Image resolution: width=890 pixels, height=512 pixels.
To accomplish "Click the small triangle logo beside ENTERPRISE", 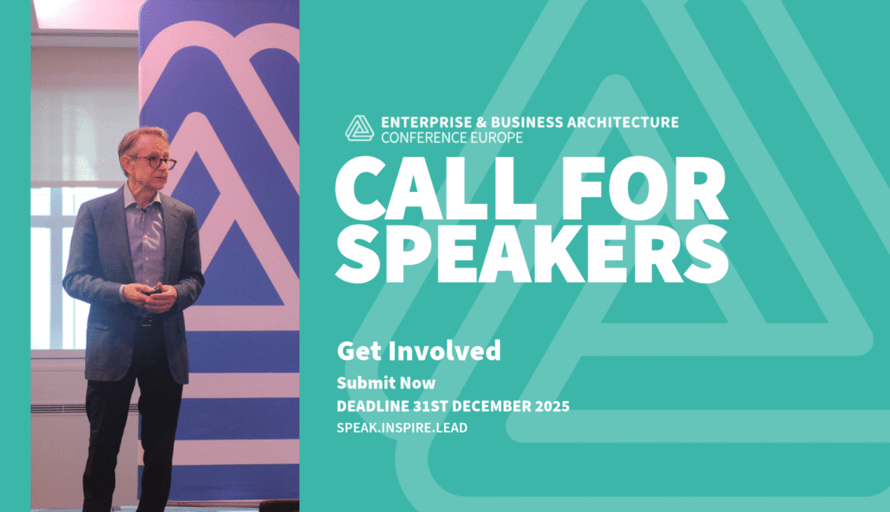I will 359,128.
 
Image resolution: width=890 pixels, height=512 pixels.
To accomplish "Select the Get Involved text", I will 418,351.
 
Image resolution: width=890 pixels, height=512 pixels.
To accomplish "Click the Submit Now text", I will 386,383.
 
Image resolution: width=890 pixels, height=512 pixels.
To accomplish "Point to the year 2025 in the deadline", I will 551,406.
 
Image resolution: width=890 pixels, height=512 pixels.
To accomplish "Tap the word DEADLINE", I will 369,406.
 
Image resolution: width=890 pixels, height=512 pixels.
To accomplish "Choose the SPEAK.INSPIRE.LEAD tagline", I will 402,427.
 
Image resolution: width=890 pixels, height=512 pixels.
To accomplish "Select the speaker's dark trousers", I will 130,441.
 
